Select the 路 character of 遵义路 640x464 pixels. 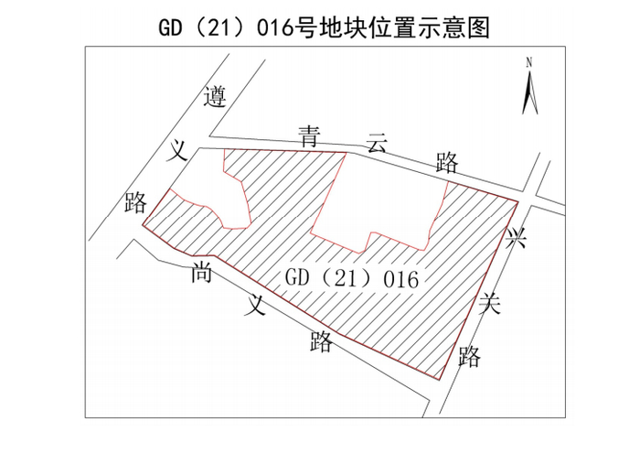point(136,202)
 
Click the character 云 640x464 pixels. point(377,144)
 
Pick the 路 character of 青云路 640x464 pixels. point(446,164)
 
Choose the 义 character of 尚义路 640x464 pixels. point(255,306)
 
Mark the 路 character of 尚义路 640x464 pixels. point(321,341)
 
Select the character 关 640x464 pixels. point(492,305)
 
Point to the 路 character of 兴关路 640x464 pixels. point(469,356)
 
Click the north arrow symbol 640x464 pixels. point(529,92)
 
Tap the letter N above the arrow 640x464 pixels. point(529,62)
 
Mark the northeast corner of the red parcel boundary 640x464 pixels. point(518,199)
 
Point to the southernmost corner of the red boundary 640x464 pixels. point(438,378)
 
